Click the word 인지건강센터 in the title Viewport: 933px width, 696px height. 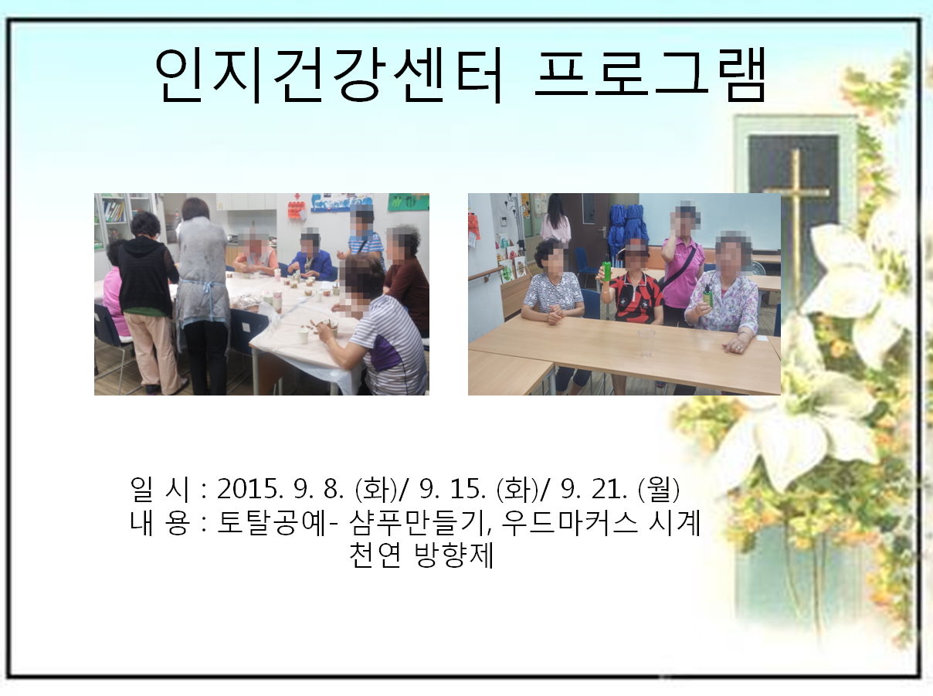point(330,76)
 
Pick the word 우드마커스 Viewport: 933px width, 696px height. point(569,522)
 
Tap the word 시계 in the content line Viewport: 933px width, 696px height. point(674,522)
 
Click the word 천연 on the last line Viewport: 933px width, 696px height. point(375,555)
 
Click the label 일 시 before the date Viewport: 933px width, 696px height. point(159,489)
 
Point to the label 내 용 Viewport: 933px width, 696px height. point(159,522)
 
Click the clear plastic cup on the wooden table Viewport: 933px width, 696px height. point(646,343)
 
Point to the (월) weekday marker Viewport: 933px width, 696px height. point(659,489)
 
